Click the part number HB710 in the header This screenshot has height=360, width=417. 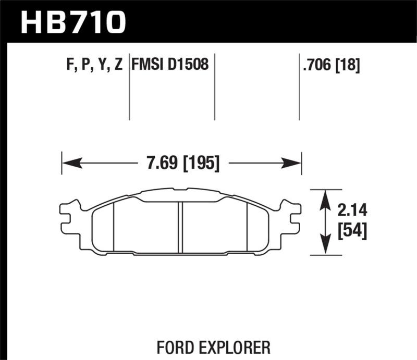(x=72, y=21)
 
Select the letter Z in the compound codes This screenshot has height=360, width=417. (x=118, y=65)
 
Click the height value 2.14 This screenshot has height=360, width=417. (x=352, y=210)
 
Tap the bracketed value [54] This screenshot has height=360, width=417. (x=352, y=230)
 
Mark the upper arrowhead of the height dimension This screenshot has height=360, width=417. (x=326, y=198)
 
